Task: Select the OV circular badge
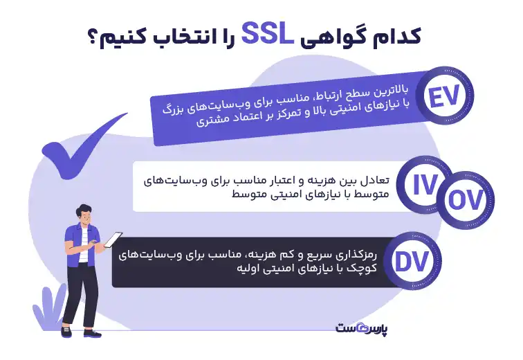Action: click(465, 200)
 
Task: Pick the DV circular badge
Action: click(414, 261)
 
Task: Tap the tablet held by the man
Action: click(112, 240)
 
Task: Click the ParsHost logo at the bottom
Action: click(362, 326)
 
